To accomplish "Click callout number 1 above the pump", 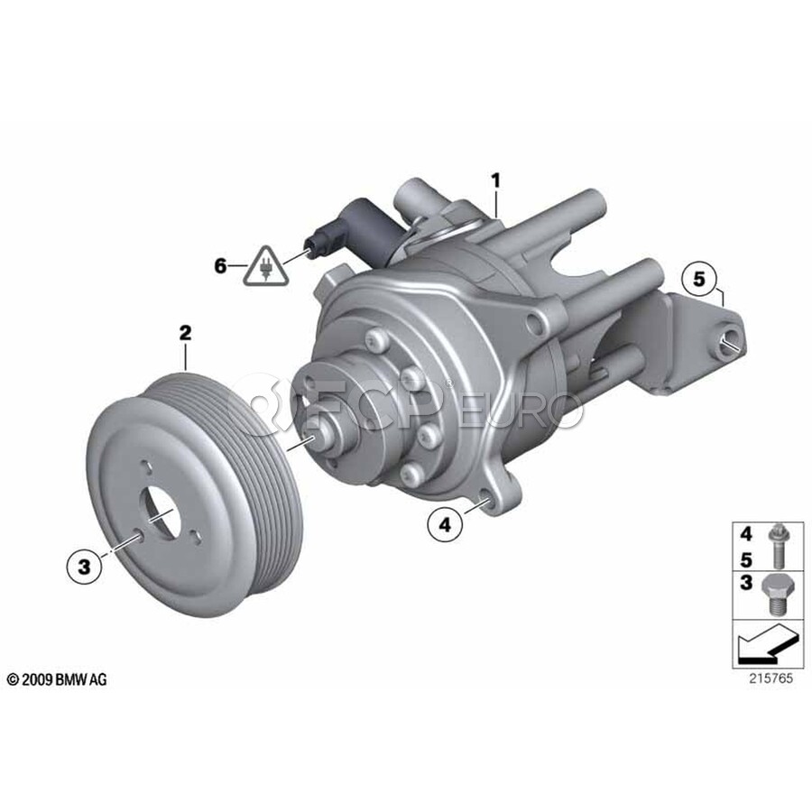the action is tap(496, 180).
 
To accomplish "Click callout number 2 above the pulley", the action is tap(185, 332).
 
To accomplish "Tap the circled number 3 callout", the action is tap(85, 567).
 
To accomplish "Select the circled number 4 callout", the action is tap(445, 525).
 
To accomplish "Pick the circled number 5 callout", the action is tap(699, 279).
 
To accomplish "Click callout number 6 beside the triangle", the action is tap(221, 266).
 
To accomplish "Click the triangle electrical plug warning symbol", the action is tap(266, 268).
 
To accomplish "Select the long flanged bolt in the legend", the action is tap(776, 546).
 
